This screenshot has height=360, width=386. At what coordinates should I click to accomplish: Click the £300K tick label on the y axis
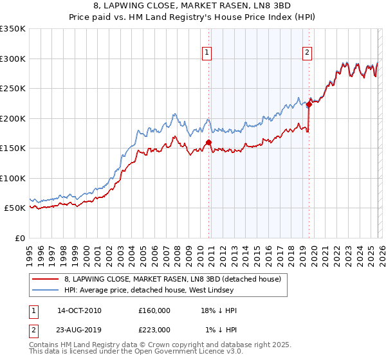point(12,59)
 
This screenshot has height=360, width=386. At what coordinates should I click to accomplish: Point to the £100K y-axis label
point(12,178)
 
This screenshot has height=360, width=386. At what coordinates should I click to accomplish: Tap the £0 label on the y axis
point(19,238)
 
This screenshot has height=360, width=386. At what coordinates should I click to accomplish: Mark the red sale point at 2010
point(208,143)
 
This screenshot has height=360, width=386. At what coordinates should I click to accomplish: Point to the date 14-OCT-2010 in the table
point(79,310)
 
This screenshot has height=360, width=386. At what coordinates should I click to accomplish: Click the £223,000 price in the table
point(154,329)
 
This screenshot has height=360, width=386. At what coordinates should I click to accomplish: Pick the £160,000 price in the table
point(154,310)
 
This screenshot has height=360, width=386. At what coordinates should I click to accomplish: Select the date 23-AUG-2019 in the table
point(79,329)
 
